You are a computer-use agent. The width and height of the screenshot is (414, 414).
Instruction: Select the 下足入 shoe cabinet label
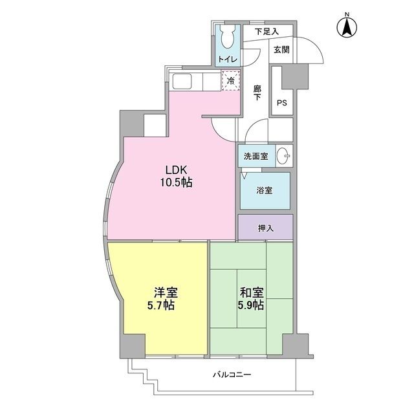[x=265, y=31]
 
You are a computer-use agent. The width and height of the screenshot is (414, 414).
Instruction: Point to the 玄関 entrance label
[x=281, y=50]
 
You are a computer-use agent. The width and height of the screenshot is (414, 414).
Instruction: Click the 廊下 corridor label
[x=257, y=93]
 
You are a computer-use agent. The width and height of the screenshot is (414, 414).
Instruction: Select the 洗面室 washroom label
[x=256, y=156]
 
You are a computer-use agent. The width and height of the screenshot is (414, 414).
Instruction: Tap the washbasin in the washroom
[x=283, y=156]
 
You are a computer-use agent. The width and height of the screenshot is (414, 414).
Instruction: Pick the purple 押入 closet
[x=265, y=228]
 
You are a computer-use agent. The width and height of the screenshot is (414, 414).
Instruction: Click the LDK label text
[x=175, y=170]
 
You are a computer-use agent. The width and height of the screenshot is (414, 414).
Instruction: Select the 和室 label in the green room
[x=248, y=292]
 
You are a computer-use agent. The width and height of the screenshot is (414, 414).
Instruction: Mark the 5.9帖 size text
[x=248, y=305]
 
